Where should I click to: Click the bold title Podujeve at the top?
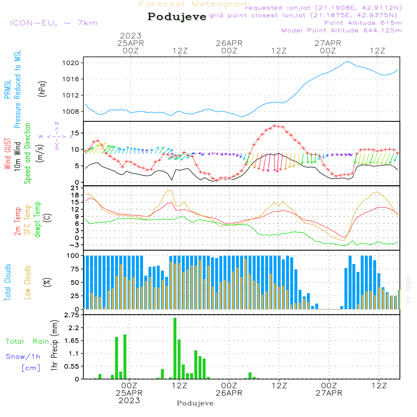pos(177,17)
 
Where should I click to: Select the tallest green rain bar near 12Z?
pos(175,348)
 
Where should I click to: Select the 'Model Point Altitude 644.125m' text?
pos(342,30)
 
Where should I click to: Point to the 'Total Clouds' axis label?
pos(7,282)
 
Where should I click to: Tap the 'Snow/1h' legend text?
pos(23,357)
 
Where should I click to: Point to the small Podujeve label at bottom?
pos(195,403)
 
